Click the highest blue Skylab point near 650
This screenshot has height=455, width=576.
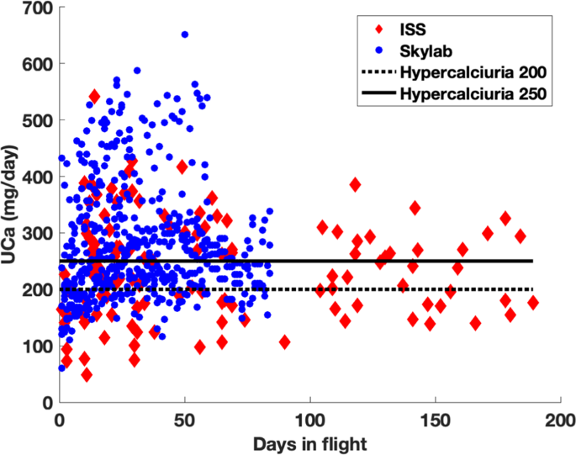[185, 34]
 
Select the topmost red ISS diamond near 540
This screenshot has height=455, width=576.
[94, 96]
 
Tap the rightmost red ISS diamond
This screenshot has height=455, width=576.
[532, 303]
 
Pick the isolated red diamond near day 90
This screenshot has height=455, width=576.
[285, 341]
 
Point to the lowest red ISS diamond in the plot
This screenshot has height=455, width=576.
[87, 374]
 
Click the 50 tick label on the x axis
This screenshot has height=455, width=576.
[185, 419]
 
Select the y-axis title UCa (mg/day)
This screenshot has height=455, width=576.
[10, 205]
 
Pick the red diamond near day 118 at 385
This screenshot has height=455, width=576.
[355, 184]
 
